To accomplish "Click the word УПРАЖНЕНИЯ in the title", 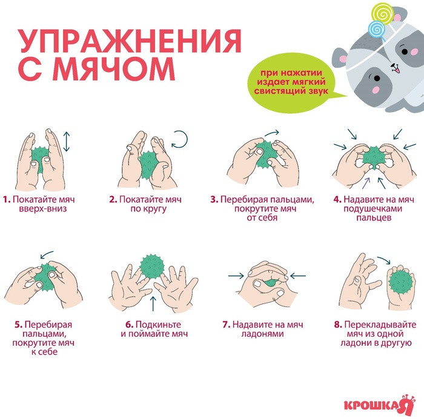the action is pyautogui.click(x=130, y=41).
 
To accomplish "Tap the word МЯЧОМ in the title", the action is pyautogui.click(x=114, y=68).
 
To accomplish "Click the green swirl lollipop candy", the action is pyautogui.click(x=382, y=14).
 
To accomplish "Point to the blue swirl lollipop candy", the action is pyautogui.click(x=376, y=28).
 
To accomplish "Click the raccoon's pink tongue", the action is pyautogui.click(x=396, y=70).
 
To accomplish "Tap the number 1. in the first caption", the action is pyautogui.click(x=7, y=200).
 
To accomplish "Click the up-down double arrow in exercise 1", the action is pyautogui.click(x=67, y=142).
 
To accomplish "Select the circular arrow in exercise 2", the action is pyautogui.click(x=179, y=139).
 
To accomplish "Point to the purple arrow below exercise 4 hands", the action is pyautogui.click(x=366, y=183).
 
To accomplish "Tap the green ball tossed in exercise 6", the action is pyautogui.click(x=152, y=266).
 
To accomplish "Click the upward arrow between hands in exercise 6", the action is pyautogui.click(x=153, y=303).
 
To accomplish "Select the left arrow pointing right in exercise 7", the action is pyautogui.click(x=236, y=275).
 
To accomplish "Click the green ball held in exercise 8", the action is pyautogui.click(x=401, y=283).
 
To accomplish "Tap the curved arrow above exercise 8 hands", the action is pyautogui.click(x=384, y=260).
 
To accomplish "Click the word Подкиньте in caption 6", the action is pyautogui.click(x=158, y=325).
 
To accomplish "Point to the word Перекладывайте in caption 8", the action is pyautogui.click(x=380, y=325).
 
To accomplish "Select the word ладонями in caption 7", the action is pyautogui.click(x=262, y=334).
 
